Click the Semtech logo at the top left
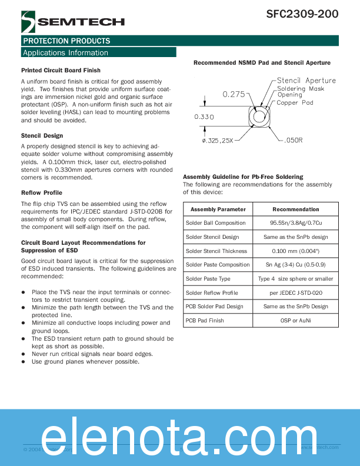coord(72,22)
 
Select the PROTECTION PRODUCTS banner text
coord(66,41)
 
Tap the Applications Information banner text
coord(65,53)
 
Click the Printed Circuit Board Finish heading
coord(61,71)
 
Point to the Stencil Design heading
coord(42,136)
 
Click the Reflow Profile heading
coord(41,193)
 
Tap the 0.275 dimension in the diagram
coord(234,94)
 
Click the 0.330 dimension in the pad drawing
coord(204,117)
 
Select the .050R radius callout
coord(293,141)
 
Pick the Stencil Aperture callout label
coord(306,81)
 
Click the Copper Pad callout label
coord(295,103)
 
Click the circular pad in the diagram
coord(258,117)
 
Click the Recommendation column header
coord(296,209)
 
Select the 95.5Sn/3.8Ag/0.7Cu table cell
coord(296,224)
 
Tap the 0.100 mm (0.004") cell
coord(296,251)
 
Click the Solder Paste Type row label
coord(208,279)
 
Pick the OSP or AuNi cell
coord(296,321)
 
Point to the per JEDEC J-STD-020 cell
coord(296,293)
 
